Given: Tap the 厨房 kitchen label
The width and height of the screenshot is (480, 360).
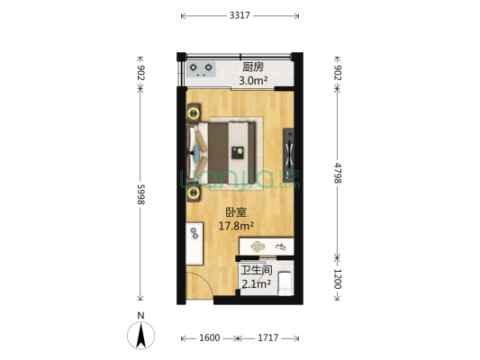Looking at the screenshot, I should [x=253, y=67].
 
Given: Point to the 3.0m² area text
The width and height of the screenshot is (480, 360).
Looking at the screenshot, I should [x=253, y=82].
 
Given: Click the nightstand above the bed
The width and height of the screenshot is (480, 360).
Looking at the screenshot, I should [x=195, y=112].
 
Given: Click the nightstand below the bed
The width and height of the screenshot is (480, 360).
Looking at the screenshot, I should [x=195, y=190].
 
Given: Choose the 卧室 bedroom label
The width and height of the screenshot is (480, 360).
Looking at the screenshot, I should [x=237, y=213].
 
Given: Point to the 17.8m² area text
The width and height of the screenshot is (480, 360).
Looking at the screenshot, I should [x=237, y=227].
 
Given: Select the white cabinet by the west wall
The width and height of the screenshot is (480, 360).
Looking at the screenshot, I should [x=195, y=241].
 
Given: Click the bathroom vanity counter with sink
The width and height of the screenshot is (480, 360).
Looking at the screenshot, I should [x=267, y=246].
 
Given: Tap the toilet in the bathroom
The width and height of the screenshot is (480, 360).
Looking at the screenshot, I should [x=285, y=283].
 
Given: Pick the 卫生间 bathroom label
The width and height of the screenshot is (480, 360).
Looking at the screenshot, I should [x=256, y=270].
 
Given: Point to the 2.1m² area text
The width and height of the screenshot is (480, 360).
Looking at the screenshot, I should [x=256, y=284].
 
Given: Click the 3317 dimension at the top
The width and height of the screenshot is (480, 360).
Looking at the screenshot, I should [x=240, y=15].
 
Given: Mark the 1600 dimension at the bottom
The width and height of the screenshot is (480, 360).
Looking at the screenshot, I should [x=209, y=338].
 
